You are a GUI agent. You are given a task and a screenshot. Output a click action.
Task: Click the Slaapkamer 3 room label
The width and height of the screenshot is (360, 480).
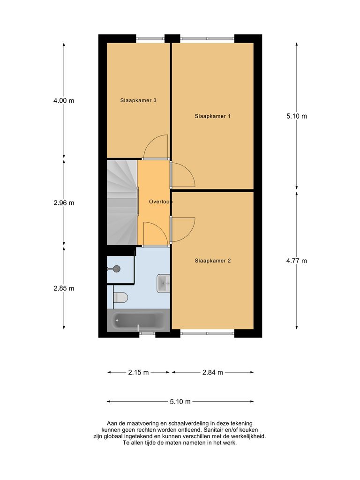coord(138,100)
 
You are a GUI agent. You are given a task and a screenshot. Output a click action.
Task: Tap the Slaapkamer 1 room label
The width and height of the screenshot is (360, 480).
coord(212,116)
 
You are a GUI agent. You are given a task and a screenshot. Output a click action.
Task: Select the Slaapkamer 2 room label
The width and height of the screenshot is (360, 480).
coord(212,261)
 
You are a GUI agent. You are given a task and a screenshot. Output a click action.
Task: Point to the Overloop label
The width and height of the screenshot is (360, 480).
coord(160,202)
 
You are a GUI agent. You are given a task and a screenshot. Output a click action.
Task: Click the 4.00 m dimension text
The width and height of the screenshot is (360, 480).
coord(64,100)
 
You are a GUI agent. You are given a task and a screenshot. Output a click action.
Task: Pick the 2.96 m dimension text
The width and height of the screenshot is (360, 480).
coord(64,203)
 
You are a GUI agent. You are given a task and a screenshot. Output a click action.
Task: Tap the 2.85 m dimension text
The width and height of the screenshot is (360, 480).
coord(64,288)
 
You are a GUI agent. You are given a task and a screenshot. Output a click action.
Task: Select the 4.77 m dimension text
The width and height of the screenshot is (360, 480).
coord(297,261)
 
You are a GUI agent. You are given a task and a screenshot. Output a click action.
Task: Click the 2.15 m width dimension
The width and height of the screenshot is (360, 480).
coord(138,373)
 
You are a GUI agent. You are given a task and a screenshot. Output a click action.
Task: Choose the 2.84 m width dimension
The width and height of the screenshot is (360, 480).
coord(212,373)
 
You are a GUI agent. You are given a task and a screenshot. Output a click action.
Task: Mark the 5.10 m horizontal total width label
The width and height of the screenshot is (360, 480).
coord(180,402)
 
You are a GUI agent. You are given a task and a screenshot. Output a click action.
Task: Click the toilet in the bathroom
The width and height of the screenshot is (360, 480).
coord(121,297)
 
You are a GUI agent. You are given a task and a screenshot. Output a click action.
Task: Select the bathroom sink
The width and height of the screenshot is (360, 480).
coord(163,283)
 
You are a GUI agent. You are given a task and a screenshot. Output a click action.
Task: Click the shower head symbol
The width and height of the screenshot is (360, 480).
coord(116,269)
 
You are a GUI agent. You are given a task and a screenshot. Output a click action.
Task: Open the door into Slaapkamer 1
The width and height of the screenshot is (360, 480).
coord(183,174)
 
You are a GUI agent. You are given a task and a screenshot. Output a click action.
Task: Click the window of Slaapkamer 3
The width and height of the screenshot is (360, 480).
coord(150,38)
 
